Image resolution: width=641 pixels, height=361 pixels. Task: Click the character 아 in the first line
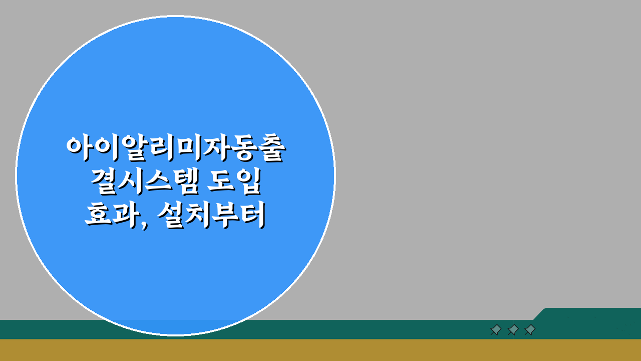pyautogui.click(x=80, y=147)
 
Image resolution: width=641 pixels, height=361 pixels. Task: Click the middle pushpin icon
pyautogui.click(x=513, y=330)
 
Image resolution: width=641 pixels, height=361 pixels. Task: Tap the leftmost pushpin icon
pyautogui.click(x=496, y=330)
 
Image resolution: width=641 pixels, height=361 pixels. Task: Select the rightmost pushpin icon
pyautogui.click(x=530, y=330)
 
